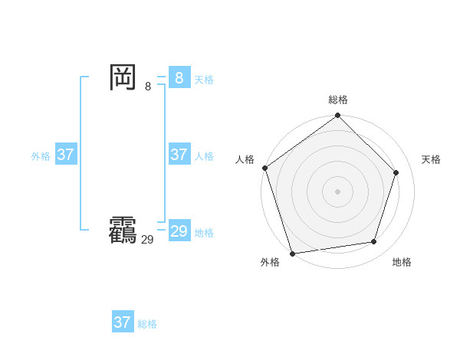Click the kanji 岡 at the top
123,77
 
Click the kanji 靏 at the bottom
123,231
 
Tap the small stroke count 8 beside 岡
148,87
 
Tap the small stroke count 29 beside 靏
147,240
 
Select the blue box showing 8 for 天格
179,77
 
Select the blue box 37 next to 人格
179,155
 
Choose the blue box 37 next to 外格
65,155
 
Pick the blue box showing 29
179,231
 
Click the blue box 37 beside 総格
122,322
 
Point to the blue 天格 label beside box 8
204,80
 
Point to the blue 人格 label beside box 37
204,156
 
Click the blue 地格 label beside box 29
204,233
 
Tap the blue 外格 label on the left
41,156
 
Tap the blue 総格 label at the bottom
147,324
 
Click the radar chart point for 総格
337,116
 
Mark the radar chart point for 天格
396,172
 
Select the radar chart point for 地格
374,242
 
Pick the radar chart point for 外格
292,253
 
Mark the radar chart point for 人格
264,168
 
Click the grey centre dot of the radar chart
337,191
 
